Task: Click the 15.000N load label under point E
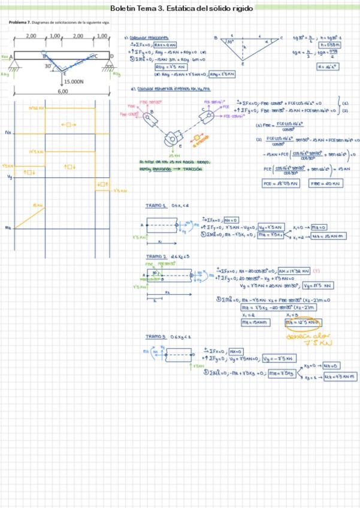click(73, 81)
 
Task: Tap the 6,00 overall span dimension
click(62, 92)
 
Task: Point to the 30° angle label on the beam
click(48, 66)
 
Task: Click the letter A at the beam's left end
click(11, 56)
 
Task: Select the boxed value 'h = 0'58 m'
click(331, 45)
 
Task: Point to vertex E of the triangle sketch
click(243, 64)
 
